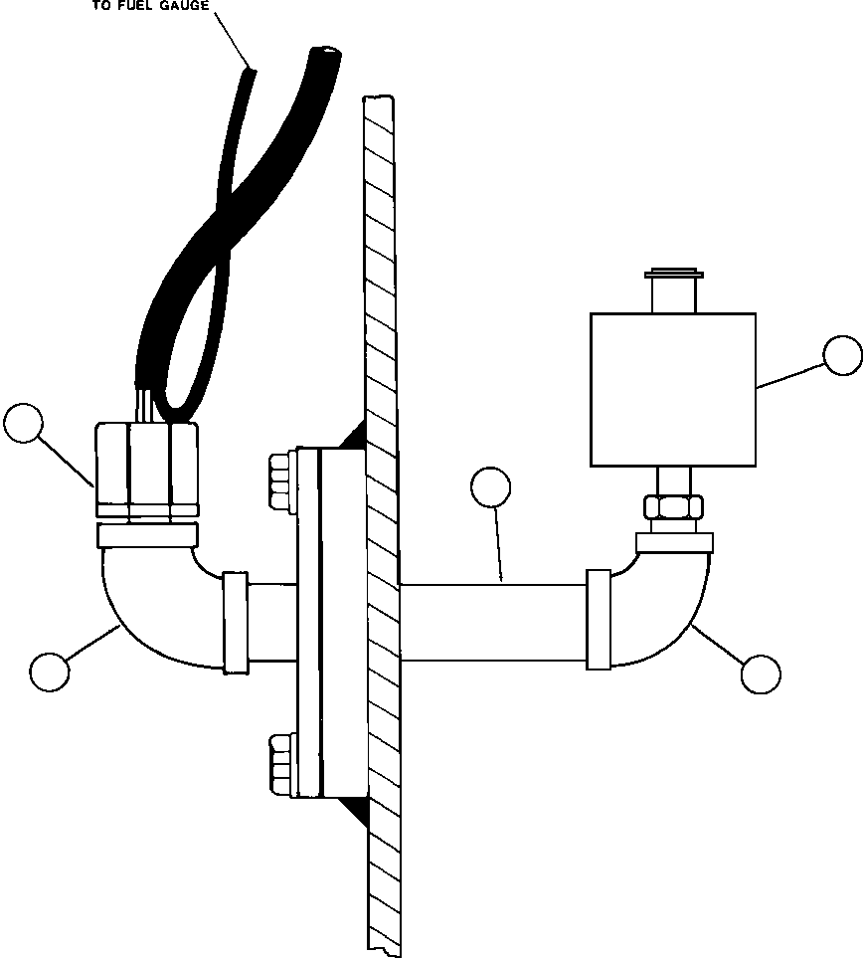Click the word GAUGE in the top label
click(x=181, y=6)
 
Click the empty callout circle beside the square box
click(x=842, y=356)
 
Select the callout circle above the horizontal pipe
click(x=490, y=487)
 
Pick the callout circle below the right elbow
click(x=761, y=673)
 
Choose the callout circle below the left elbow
click(x=50, y=671)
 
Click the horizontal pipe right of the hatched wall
click(x=492, y=623)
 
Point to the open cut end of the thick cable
click(x=324, y=51)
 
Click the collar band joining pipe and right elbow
click(x=598, y=619)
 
